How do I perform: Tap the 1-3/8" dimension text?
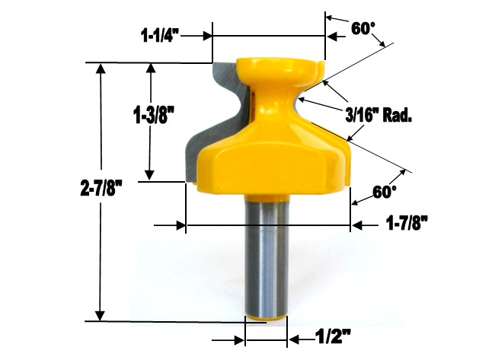pyautogui.click(x=155, y=116)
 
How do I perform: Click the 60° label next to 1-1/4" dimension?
pyautogui.click(x=363, y=28)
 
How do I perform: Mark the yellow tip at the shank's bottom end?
pyautogui.click(x=266, y=318)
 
